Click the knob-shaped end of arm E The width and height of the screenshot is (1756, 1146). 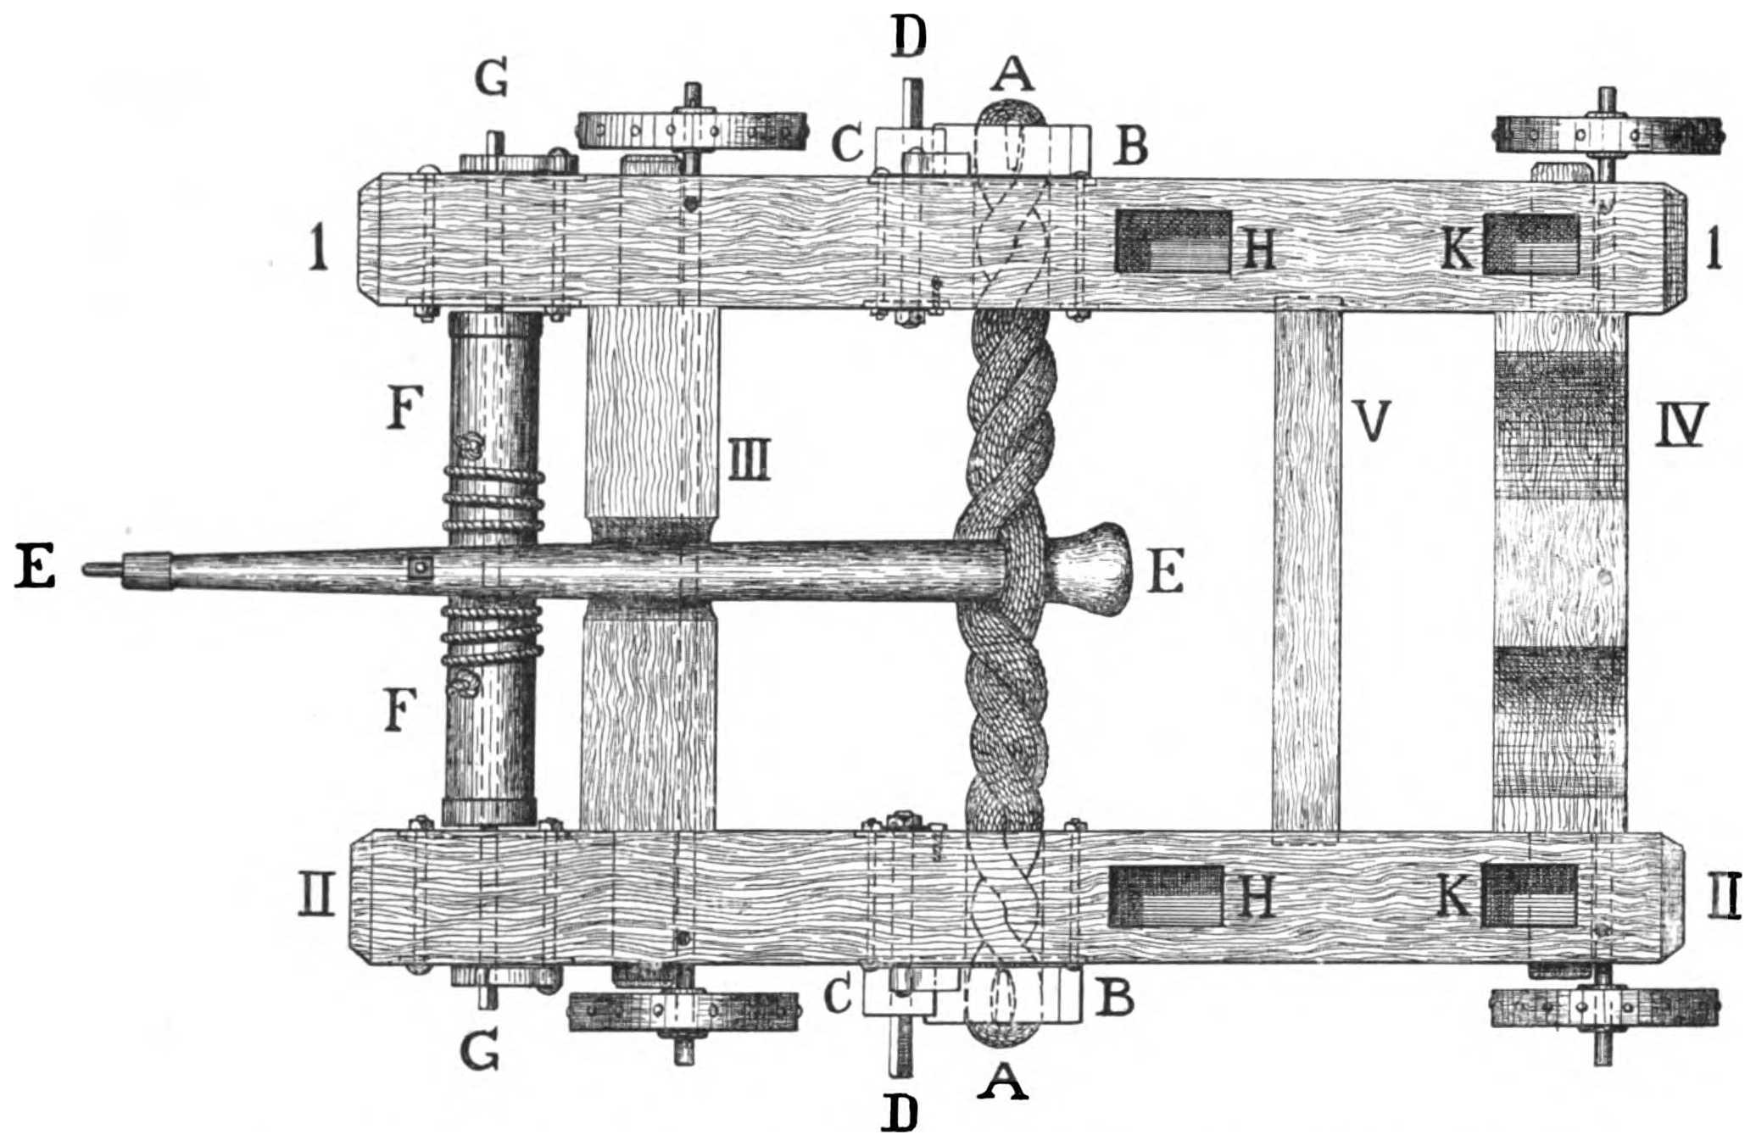click(x=1094, y=570)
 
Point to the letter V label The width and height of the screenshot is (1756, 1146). click(x=1370, y=422)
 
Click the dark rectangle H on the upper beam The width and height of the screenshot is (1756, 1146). click(x=1173, y=241)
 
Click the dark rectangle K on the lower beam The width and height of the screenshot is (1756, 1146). click(x=1530, y=896)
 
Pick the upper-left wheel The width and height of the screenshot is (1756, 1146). click(x=691, y=131)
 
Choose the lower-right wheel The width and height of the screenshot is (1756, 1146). click(x=1603, y=1008)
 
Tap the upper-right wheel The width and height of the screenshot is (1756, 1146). click(x=1608, y=135)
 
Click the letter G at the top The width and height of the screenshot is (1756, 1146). click(x=491, y=81)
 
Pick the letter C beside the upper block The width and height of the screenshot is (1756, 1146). click(x=847, y=144)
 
